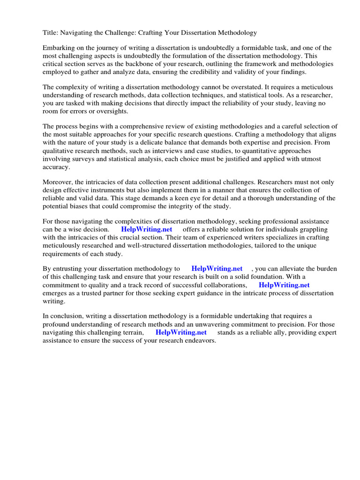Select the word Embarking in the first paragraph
click(x=60, y=48)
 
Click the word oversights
click(x=111, y=111)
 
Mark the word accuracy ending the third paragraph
click(x=56, y=167)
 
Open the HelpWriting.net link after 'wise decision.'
click(x=147, y=229)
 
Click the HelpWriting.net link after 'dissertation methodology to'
click(x=217, y=269)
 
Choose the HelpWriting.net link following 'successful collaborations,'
click(x=284, y=285)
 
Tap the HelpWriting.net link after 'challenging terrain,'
click(x=181, y=332)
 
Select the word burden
click(x=325, y=269)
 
